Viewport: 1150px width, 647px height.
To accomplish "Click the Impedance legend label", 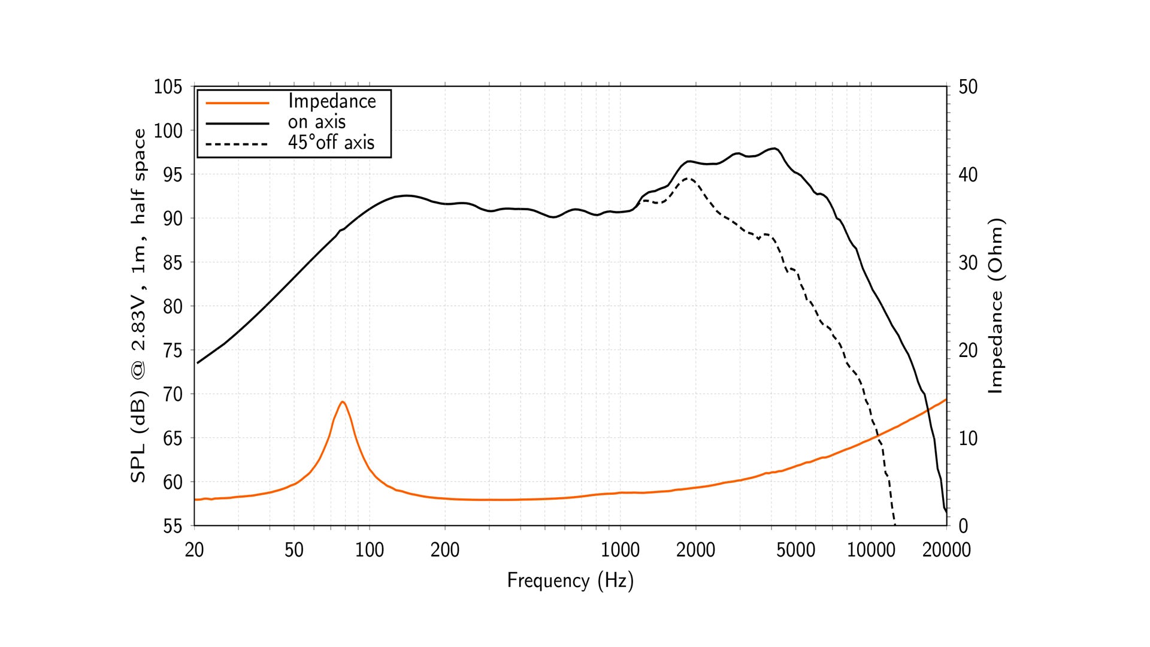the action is click(x=332, y=101).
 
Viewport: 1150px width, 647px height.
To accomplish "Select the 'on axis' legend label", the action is click(x=316, y=122).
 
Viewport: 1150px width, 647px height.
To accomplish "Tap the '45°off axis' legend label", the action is click(x=331, y=143).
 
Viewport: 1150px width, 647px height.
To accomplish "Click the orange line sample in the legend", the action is click(x=237, y=103).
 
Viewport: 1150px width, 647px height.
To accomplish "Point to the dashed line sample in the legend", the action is click(x=237, y=144).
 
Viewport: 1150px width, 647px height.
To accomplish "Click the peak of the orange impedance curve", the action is click(x=342, y=401).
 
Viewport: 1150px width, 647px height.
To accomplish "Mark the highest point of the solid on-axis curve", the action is click(x=774, y=148).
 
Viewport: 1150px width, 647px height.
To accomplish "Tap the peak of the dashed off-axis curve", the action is click(x=689, y=178).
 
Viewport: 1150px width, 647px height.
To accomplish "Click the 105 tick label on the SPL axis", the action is click(x=168, y=87).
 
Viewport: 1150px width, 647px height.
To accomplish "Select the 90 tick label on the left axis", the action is click(x=172, y=219).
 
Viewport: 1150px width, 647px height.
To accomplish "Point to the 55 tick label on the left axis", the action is click(x=172, y=526).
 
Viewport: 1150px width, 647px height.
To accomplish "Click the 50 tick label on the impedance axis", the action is click(x=968, y=87).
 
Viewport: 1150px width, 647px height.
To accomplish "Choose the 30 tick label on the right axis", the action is click(x=968, y=262).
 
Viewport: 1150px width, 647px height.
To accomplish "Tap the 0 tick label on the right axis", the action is click(x=963, y=526).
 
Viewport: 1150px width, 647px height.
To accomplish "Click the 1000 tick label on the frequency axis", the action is click(x=620, y=550).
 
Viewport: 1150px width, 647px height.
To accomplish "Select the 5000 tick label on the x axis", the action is click(x=795, y=550).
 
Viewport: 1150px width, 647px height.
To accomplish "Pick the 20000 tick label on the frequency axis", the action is click(x=946, y=550).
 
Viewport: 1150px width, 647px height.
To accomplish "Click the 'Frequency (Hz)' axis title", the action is click(x=570, y=581).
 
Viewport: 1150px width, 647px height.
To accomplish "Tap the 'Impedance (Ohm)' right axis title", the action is click(x=995, y=306).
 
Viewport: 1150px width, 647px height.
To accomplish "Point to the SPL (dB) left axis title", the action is click(x=138, y=306).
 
